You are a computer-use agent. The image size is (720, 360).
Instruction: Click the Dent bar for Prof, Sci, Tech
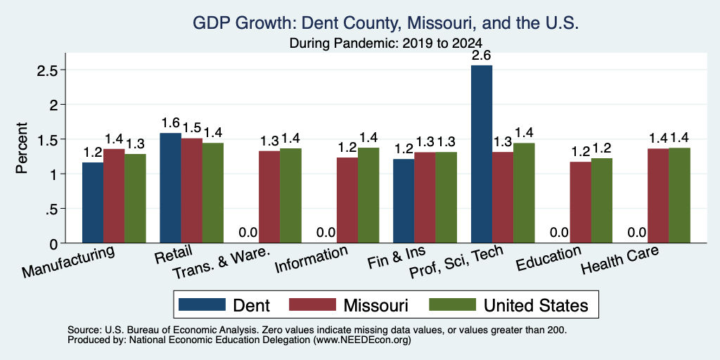coord(482,154)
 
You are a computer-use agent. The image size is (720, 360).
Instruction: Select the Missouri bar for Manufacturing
coord(114,195)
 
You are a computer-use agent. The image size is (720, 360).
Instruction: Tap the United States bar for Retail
coord(213,193)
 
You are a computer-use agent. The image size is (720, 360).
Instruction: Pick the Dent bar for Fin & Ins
coord(404,201)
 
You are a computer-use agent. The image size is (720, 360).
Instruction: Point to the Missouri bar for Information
coord(347,200)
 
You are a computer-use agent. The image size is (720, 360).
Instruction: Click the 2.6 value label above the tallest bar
coord(482,56)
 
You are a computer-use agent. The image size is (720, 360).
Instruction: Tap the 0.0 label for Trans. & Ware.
coord(248,232)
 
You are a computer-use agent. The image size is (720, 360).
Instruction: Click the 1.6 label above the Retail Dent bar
coord(170,123)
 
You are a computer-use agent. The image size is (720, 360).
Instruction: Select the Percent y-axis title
coord(22,148)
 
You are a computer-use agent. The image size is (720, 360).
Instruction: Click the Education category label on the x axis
coord(549,257)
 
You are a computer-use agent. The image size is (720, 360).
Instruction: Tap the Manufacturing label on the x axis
coord(68,262)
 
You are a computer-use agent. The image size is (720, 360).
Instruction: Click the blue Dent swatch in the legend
coord(202,304)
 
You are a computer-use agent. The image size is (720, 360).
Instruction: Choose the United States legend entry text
coord(536,305)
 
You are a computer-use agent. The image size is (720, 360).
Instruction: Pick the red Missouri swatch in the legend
coord(312,304)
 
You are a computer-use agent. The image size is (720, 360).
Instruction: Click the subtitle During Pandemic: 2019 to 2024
coord(386,43)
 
